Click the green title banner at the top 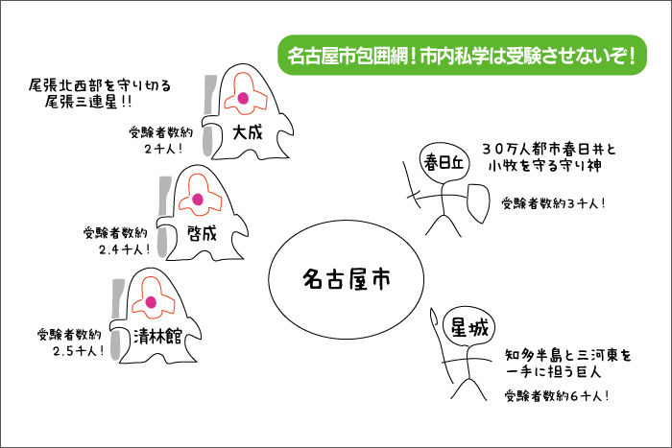(463, 54)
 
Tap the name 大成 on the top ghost (247, 132)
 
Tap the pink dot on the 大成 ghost (243, 99)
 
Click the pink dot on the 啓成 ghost (199, 200)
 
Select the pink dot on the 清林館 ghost (151, 303)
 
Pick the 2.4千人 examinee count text (117, 248)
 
